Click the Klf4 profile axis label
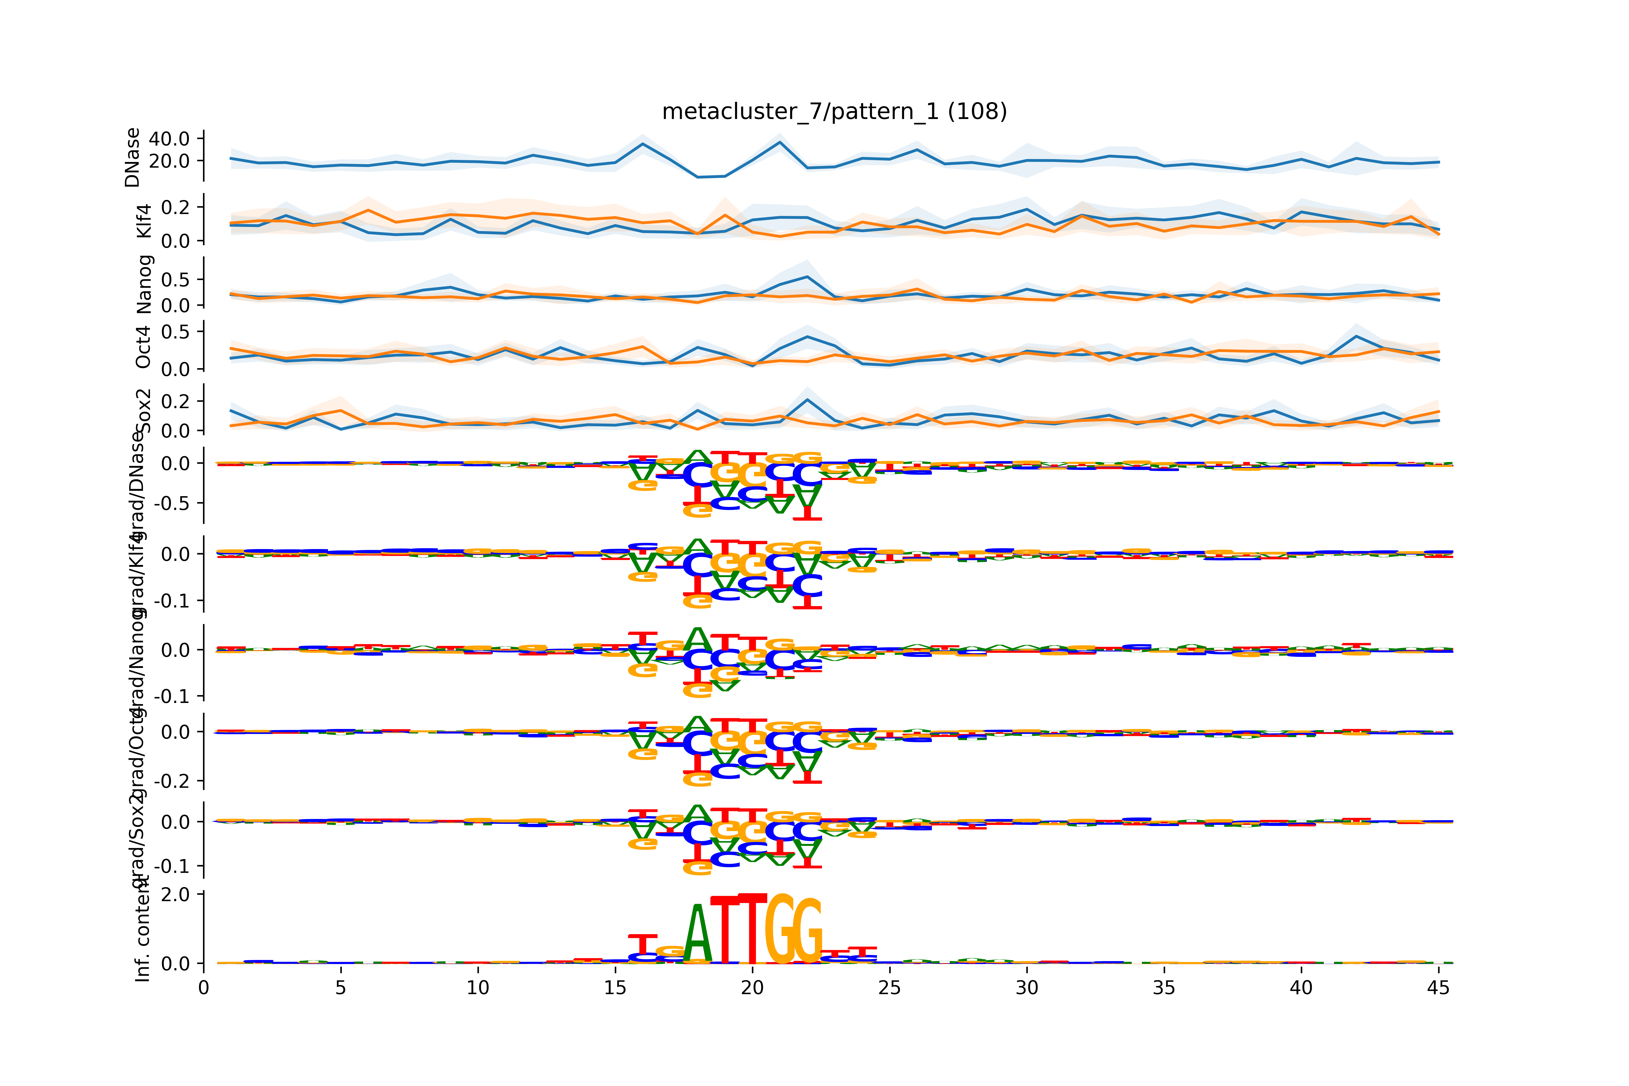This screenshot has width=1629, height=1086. tap(143, 221)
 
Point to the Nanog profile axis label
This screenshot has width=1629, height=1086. tap(143, 285)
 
